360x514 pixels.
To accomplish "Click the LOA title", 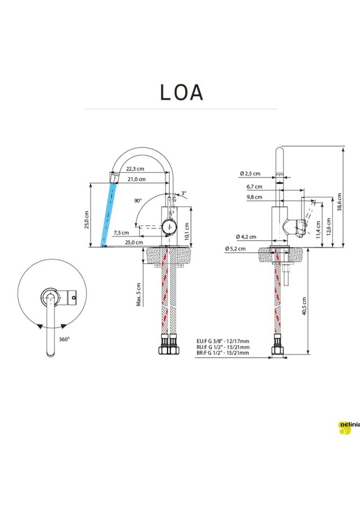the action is (182, 92).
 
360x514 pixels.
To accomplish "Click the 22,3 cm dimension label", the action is (136, 169).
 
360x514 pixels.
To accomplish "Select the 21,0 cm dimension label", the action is (137, 179).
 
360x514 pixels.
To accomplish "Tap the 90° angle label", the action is (138, 200).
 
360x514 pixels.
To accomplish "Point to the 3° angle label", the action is (184, 194).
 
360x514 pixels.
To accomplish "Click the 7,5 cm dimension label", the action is (121, 233).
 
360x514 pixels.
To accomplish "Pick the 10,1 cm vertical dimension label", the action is (187, 231).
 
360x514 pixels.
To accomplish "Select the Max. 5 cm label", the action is (138, 294).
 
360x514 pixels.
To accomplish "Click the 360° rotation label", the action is (64, 339).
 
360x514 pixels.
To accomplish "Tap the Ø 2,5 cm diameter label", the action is (250, 173).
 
